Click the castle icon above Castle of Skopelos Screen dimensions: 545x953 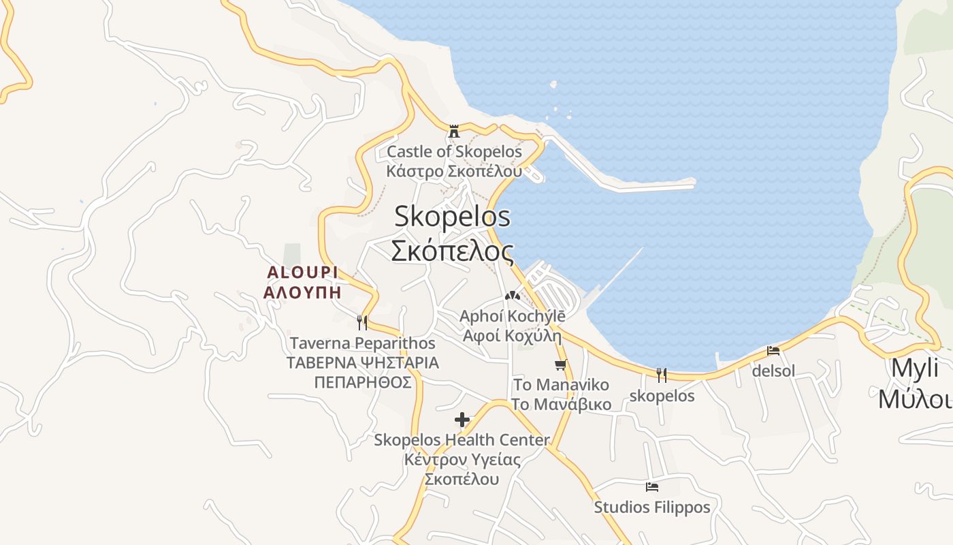click(x=454, y=131)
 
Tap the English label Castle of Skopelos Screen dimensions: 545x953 click(x=454, y=151)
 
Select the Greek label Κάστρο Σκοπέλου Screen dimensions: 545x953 click(x=454, y=170)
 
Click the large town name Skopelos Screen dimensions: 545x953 click(x=452, y=217)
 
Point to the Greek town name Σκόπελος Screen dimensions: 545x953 click(x=452, y=251)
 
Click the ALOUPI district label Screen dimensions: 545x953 click(x=302, y=272)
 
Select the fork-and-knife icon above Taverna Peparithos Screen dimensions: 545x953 click(x=361, y=322)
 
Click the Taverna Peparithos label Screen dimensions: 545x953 click(x=362, y=343)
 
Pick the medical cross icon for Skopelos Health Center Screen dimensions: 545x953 click(x=462, y=420)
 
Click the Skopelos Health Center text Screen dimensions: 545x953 click(x=462, y=440)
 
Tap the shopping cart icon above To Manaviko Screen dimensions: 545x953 click(x=560, y=364)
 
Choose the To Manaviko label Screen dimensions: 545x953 click(x=561, y=385)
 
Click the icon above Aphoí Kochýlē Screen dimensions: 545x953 click(x=512, y=296)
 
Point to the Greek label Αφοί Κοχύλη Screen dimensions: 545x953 click(x=512, y=335)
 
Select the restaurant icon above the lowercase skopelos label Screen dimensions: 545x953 click(x=661, y=375)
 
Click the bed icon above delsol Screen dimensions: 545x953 click(x=773, y=351)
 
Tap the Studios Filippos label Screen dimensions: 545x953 click(x=651, y=508)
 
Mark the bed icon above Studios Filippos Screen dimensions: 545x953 click(x=651, y=487)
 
